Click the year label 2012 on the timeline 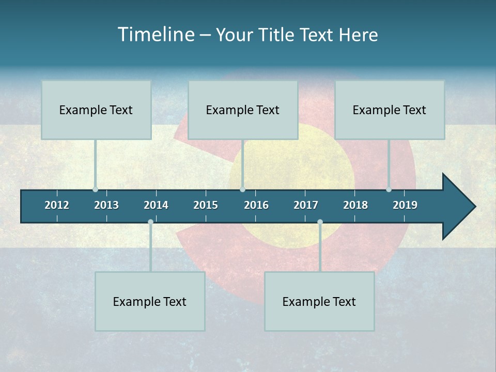tap(57, 205)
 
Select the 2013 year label tap(106, 205)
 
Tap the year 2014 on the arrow tap(156, 205)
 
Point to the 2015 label tap(206, 205)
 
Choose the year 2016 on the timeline tap(256, 205)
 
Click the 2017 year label tap(306, 205)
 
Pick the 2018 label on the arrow tap(355, 205)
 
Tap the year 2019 tap(405, 205)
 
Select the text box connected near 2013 tap(96, 110)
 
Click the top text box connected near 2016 tap(243, 110)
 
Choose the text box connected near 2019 tap(390, 110)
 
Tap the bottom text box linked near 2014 tap(150, 302)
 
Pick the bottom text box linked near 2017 tap(319, 302)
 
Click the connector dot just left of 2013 tap(95, 190)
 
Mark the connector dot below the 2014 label tap(150, 222)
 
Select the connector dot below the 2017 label tap(320, 222)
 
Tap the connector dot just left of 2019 tap(389, 190)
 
